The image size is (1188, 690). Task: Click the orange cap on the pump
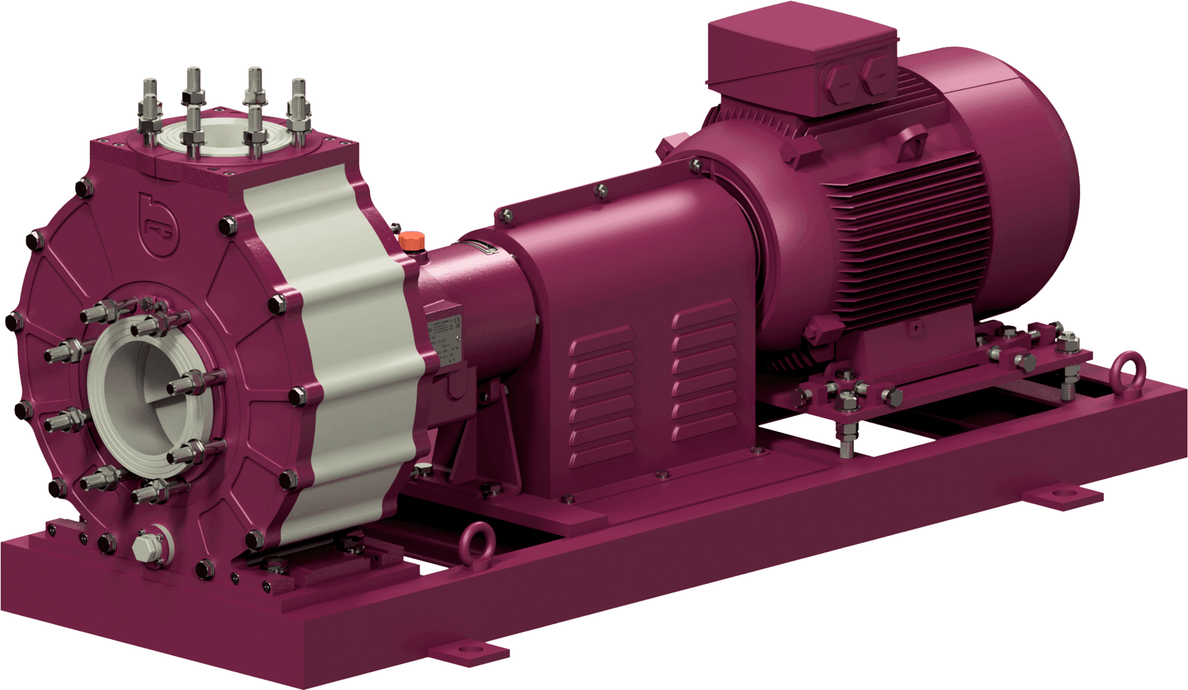(x=409, y=240)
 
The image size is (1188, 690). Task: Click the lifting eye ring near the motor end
(x=1122, y=372)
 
